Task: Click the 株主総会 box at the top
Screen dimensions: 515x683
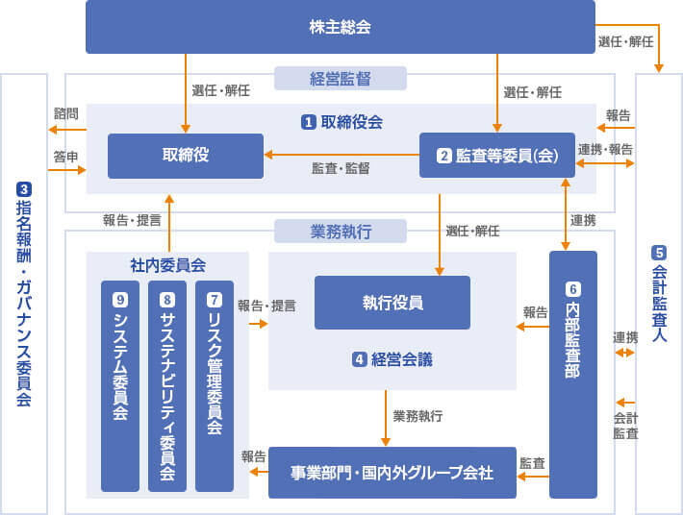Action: [x=341, y=27]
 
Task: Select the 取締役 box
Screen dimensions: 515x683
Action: [x=185, y=156]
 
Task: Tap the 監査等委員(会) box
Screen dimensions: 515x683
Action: [x=496, y=156]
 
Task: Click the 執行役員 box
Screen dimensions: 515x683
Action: [x=392, y=303]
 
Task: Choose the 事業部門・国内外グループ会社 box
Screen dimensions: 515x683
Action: [x=392, y=472]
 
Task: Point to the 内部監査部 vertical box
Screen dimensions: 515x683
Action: [x=572, y=375]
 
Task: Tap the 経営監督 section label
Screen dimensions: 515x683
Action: [x=341, y=78]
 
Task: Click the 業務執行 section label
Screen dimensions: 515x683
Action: [x=341, y=232]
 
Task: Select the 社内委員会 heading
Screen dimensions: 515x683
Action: [x=167, y=264]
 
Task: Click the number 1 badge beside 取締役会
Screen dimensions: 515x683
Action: [x=309, y=122]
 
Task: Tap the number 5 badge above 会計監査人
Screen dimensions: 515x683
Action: [x=659, y=254]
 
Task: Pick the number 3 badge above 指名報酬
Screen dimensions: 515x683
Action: [x=24, y=188]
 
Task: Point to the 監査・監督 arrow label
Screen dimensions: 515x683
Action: [x=341, y=167]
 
